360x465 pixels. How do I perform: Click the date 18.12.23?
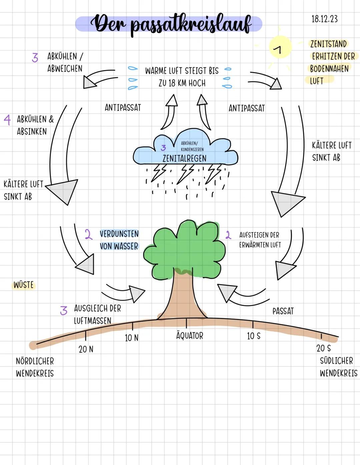324,19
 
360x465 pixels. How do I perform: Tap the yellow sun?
280,47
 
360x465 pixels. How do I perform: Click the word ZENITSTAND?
328,44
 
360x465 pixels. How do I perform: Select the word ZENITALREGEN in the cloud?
184,158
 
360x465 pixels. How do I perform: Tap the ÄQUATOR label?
189,336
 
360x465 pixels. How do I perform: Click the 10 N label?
132,338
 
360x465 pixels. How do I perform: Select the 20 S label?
323,348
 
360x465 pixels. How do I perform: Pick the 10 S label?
254,336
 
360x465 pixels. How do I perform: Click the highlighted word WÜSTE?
24,285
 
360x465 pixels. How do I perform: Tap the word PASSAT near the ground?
283,311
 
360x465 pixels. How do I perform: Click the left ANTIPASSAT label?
123,108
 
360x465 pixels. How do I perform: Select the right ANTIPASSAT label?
247,108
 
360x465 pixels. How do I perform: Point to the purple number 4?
7,120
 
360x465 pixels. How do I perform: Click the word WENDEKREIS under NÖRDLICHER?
35,373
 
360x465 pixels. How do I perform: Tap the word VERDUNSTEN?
119,234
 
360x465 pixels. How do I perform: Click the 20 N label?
86,349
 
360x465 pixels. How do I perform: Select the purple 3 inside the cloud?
163,148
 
